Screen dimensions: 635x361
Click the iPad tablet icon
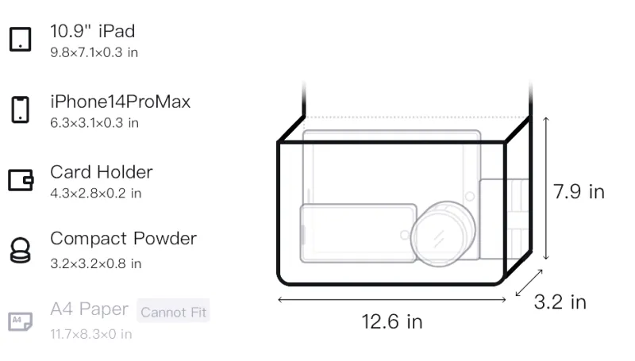click(21, 39)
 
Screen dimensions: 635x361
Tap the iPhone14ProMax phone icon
click(21, 109)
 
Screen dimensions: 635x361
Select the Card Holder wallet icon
click(21, 179)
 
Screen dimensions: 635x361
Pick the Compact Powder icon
click(21, 250)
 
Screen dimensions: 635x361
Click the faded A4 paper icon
click(21, 321)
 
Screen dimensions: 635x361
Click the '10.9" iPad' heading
click(92, 31)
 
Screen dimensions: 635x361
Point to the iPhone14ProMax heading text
click(121, 102)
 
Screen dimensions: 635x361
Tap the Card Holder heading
click(102, 172)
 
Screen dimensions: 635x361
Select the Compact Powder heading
click(124, 239)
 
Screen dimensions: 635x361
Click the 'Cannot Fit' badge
click(173, 311)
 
